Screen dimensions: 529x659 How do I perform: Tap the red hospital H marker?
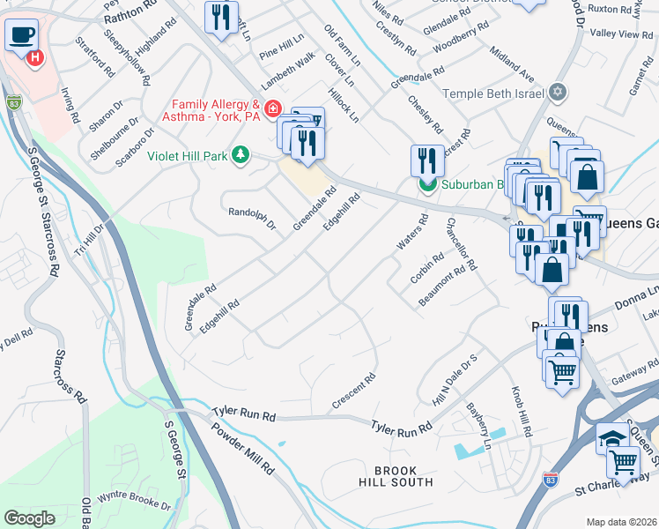35,59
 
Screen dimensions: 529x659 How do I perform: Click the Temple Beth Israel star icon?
557,93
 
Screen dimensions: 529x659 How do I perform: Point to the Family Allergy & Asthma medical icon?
273,109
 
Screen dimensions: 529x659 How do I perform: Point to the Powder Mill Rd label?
241,448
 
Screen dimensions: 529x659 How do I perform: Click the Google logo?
29,518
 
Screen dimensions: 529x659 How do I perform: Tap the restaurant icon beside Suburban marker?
427,160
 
